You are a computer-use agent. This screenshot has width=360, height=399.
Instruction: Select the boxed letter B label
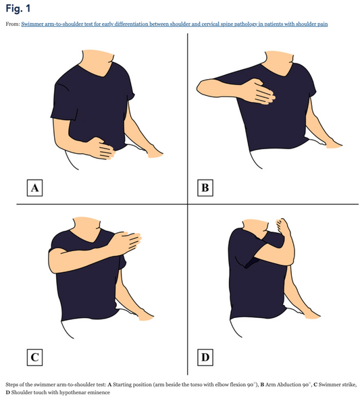tap(205, 186)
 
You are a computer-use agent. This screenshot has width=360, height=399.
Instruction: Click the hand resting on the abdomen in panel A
tap(105, 147)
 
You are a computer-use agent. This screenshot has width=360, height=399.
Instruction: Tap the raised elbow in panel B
tap(201, 86)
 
